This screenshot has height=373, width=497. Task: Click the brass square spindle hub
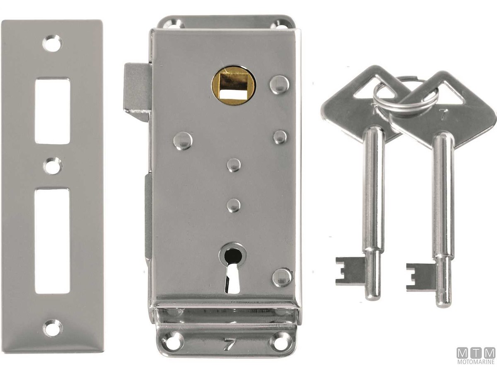coord(234,86)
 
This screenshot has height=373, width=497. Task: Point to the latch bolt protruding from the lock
coord(137,94)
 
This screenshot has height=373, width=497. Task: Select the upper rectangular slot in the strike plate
coord(52,111)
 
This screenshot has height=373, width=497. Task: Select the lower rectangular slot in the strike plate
coord(52,241)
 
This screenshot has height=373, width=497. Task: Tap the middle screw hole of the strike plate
coord(53,167)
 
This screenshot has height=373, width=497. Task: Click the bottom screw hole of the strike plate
coord(53,328)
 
